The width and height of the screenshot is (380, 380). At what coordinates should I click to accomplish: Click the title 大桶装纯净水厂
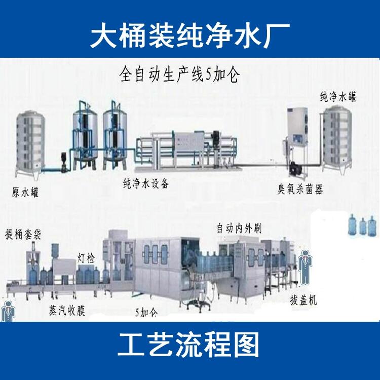tap(190, 35)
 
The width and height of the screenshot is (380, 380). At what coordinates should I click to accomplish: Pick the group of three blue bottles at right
tap(362, 225)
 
